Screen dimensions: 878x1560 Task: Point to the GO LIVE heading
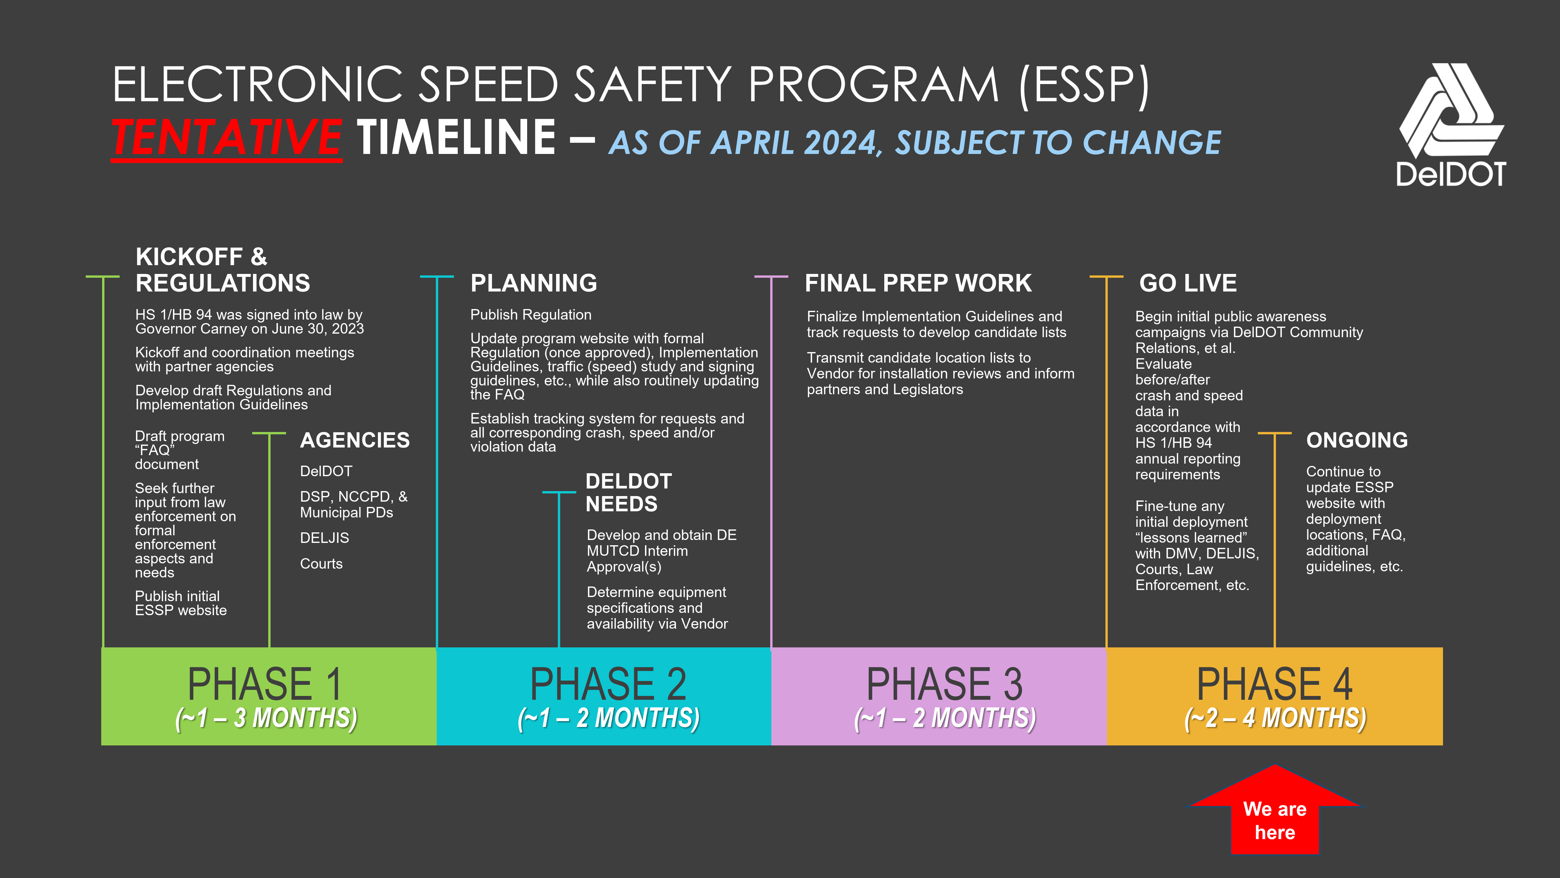[x=1188, y=283]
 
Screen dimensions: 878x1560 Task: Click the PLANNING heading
[x=534, y=283]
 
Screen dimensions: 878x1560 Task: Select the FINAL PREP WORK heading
[x=918, y=283]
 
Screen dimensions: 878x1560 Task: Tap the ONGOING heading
[x=1356, y=440]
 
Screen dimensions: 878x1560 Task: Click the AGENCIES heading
[x=355, y=440]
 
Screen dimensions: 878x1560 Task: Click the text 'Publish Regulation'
[x=531, y=315]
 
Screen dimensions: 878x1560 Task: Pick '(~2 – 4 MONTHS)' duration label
[x=1275, y=718]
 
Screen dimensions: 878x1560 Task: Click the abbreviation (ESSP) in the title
[x=1084, y=85]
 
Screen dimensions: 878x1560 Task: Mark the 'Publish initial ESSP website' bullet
[x=180, y=603]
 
